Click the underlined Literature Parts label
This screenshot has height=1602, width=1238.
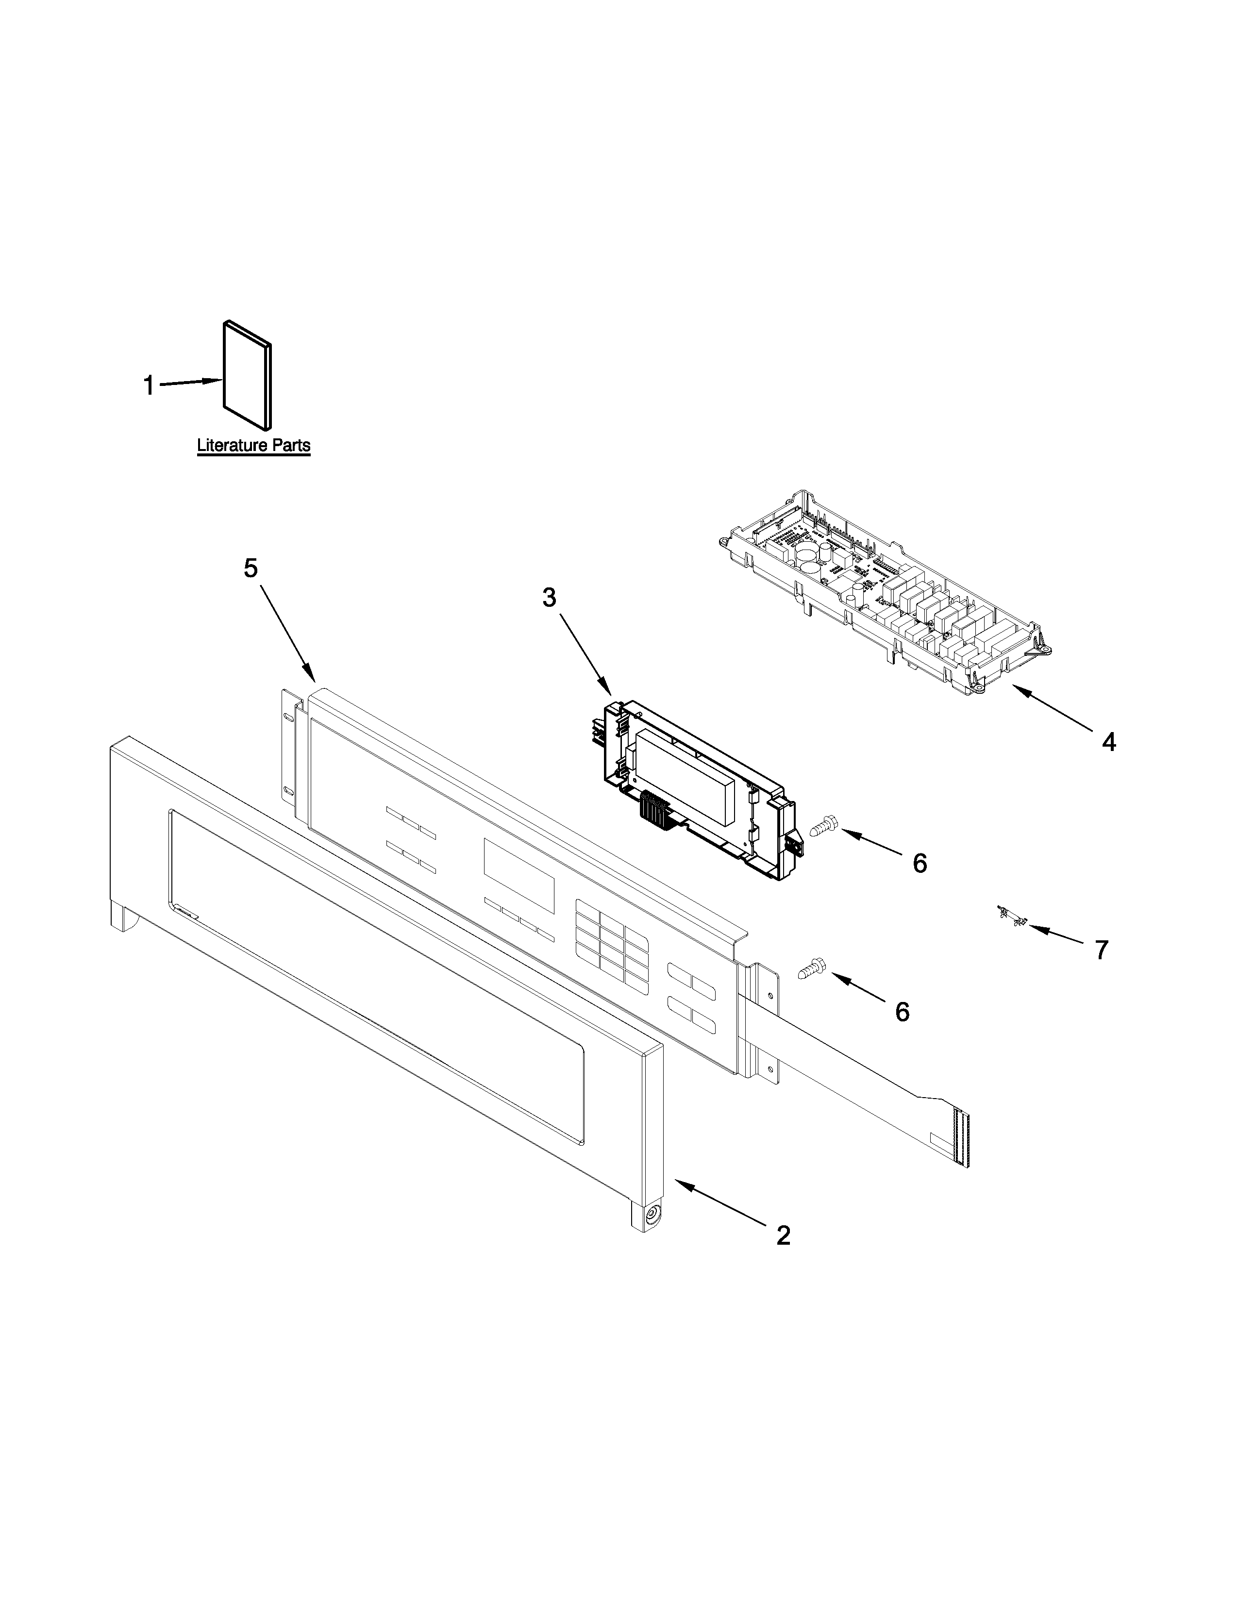(253, 445)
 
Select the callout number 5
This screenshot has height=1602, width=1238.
(251, 568)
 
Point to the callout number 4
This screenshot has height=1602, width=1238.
(1109, 742)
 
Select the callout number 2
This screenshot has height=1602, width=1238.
(783, 1236)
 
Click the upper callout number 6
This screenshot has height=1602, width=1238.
(920, 863)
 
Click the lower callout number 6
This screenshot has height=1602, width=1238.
(902, 1012)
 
